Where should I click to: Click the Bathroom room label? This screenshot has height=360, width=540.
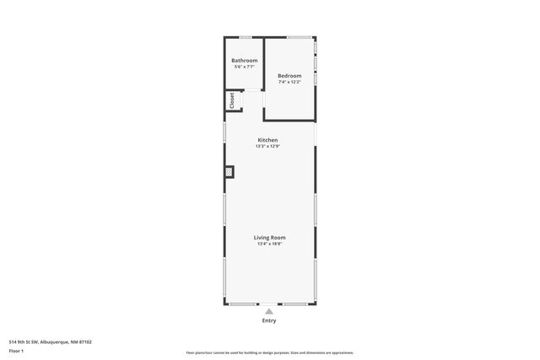[245, 61]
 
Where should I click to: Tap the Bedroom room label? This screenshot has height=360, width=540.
[289, 76]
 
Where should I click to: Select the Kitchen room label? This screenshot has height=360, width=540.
[267, 140]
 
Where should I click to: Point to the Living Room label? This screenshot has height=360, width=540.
[270, 238]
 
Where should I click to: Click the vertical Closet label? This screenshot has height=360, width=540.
[230, 100]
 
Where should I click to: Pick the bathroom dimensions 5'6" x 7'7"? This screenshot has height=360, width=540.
[245, 67]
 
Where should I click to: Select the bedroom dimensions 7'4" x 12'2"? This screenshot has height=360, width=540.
[289, 82]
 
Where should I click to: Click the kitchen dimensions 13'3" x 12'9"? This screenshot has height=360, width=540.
[267, 146]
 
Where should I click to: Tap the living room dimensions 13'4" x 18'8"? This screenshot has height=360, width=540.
[270, 244]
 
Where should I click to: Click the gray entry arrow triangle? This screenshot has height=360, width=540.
[269, 311]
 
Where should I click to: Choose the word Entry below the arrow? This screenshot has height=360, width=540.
[269, 320]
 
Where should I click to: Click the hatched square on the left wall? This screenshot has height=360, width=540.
[229, 172]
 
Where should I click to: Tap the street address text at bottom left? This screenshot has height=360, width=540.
[50, 341]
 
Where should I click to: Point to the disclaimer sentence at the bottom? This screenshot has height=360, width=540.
[269, 352]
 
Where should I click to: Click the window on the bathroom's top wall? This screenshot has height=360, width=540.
[245, 37]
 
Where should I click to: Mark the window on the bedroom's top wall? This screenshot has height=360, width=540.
[299, 37]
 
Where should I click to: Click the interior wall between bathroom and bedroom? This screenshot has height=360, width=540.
[264, 63]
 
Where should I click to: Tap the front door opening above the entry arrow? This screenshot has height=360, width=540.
[269, 304]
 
